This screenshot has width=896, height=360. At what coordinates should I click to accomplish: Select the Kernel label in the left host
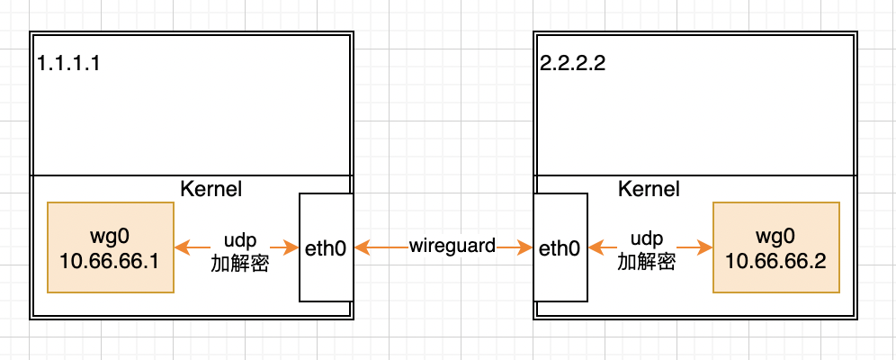tap(211, 189)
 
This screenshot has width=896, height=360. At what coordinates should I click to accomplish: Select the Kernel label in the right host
tap(649, 189)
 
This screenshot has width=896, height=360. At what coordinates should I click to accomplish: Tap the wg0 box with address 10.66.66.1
tap(110, 247)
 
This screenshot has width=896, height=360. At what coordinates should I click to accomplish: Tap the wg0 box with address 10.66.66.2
tap(775, 247)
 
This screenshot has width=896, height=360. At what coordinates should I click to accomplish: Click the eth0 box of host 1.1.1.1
tap(326, 247)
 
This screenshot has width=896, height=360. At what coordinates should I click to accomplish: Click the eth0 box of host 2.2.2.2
tap(560, 247)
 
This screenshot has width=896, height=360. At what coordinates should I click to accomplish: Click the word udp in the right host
tap(647, 240)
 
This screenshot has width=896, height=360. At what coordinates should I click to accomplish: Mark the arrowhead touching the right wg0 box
tap(705, 247)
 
